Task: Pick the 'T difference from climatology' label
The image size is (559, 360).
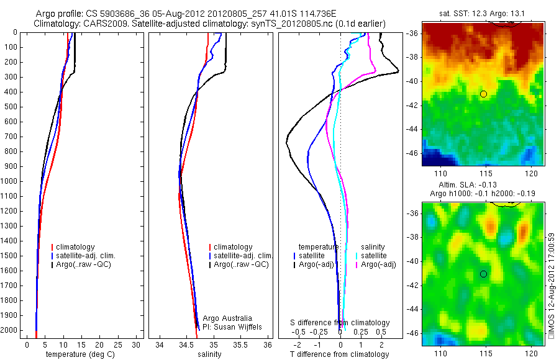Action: click(339, 354)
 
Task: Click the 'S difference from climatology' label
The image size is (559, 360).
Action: click(340, 323)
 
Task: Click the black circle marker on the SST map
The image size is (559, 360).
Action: click(483, 94)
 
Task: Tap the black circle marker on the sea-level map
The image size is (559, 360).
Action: click(483, 274)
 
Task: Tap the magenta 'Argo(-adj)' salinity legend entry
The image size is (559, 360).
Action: click(379, 264)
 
